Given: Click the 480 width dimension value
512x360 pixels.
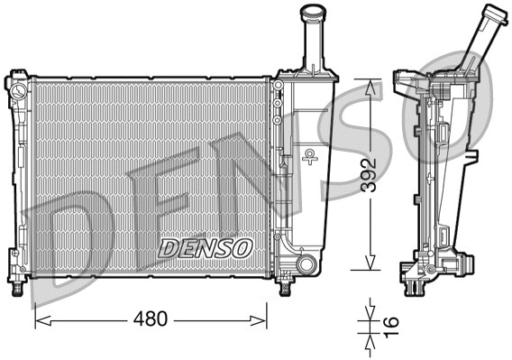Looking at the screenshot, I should (x=151, y=318).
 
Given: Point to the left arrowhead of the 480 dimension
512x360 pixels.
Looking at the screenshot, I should (x=39, y=318).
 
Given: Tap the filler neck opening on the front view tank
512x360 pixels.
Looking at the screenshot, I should (x=311, y=11).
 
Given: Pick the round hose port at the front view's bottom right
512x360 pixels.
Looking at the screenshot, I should (x=306, y=264).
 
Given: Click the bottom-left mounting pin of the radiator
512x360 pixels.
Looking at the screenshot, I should (x=15, y=287).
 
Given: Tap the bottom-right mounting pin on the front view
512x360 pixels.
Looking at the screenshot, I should (x=285, y=287).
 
